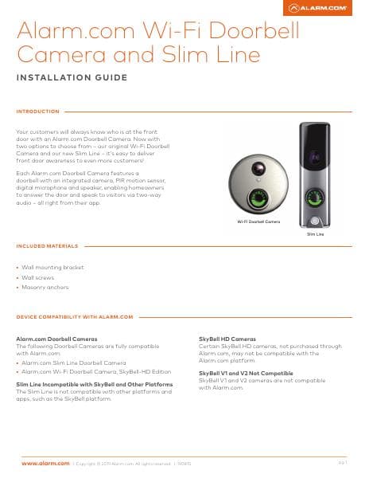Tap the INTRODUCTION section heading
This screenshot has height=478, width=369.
pyautogui.click(x=37, y=112)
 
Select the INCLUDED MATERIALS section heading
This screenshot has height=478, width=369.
pyautogui.click(x=47, y=245)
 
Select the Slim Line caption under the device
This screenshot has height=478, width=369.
pyautogui.click(x=314, y=236)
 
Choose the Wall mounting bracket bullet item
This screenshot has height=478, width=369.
pyautogui.click(x=52, y=268)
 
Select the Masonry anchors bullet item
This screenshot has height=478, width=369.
pyautogui.click(x=45, y=287)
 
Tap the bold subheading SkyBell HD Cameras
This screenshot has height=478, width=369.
pyautogui.click(x=227, y=339)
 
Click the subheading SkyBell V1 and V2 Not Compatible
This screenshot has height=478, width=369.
pyautogui.click(x=245, y=373)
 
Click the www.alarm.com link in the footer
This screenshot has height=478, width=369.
pyautogui.click(x=45, y=463)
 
